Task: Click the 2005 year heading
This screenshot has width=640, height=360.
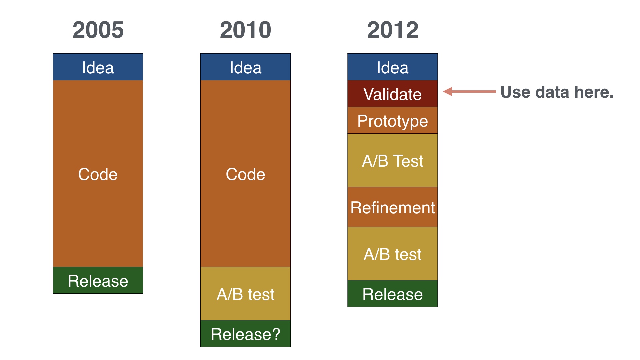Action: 98,30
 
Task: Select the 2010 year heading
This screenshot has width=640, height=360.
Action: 245,30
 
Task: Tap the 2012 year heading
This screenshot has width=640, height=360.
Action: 393,30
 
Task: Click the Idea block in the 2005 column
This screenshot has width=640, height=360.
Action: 98,67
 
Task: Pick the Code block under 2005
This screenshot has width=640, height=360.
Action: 98,174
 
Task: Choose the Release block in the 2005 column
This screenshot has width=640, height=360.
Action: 98,280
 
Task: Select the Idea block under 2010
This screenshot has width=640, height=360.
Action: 245,67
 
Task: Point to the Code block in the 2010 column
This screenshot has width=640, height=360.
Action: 245,174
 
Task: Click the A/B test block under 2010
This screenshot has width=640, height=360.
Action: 245,294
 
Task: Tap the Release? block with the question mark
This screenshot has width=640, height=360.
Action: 245,334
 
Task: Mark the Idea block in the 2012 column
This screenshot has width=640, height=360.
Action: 393,67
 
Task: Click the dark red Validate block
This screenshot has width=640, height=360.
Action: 393,94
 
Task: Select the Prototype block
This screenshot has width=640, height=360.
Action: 393,120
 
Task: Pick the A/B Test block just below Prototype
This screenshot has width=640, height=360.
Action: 393,160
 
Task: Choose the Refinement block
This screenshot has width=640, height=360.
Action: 393,207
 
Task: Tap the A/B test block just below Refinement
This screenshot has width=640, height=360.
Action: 393,254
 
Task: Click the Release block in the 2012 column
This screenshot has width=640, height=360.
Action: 393,294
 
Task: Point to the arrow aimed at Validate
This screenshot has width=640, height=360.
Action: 469,91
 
